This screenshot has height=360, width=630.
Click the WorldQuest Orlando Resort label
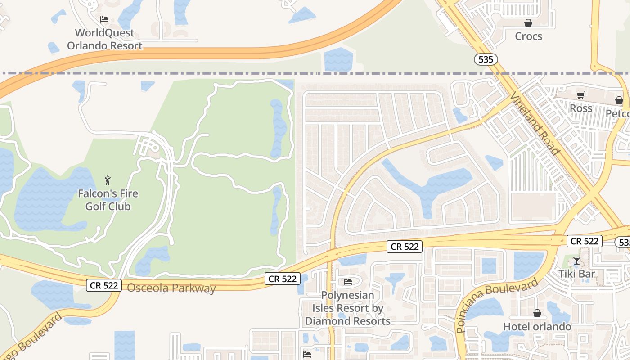(105, 39)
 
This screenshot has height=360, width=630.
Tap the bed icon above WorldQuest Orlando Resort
(104, 19)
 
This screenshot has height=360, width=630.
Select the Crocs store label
(528, 36)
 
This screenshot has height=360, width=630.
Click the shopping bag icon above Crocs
(528, 22)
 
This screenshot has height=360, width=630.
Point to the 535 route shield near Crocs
(486, 59)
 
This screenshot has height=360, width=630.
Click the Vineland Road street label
(535, 124)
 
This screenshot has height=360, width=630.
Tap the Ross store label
(581, 108)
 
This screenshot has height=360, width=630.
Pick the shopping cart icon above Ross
(580, 95)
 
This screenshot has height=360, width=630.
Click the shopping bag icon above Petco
(619, 100)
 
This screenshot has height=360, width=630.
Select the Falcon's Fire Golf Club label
(108, 200)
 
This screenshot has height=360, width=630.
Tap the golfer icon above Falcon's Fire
(108, 180)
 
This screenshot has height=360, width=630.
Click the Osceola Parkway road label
(171, 288)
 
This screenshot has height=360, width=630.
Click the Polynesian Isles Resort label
(348, 308)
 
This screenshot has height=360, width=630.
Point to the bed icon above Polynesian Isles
(348, 282)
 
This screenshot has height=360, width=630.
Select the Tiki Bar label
(576, 274)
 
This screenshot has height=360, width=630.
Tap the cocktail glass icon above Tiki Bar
(576, 260)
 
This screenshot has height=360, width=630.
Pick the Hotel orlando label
(537, 327)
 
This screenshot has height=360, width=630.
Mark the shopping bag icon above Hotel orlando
(537, 313)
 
